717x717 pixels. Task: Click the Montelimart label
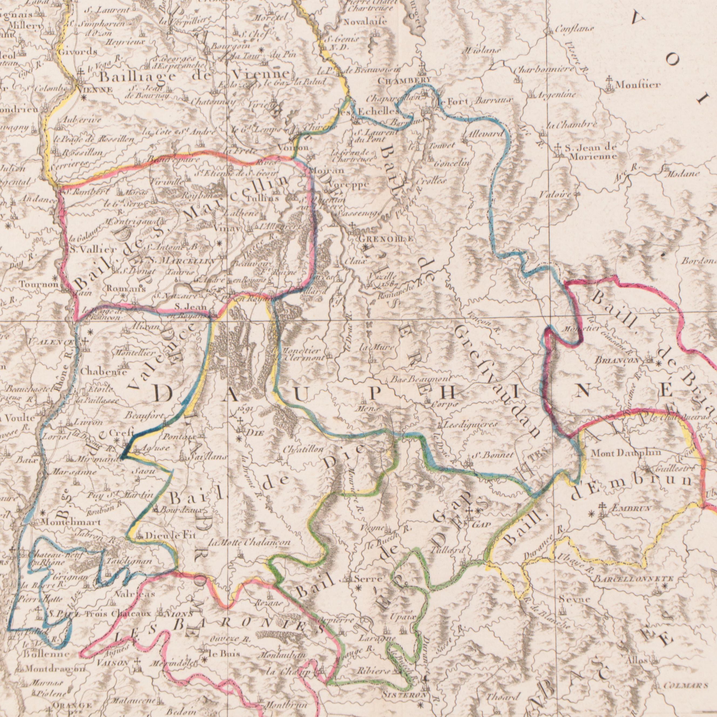pos(66,522)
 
